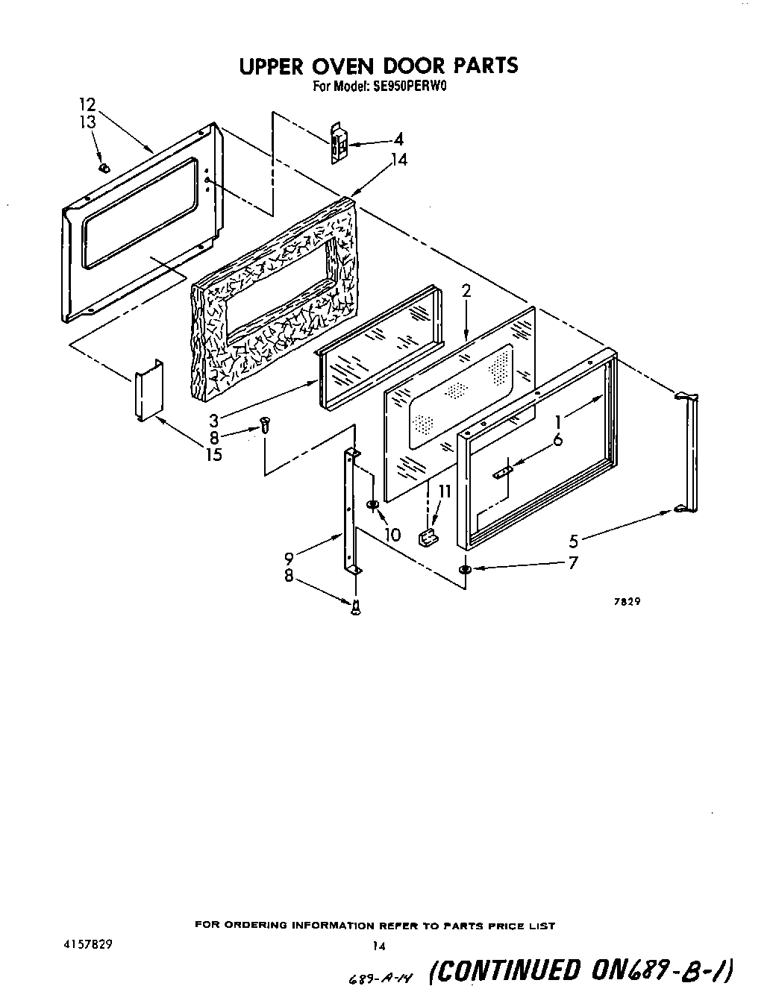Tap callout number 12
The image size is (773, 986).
pyautogui.click(x=88, y=104)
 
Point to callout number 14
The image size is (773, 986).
pyautogui.click(x=399, y=160)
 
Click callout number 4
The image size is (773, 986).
pyautogui.click(x=399, y=139)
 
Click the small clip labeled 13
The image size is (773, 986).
pyautogui.click(x=104, y=168)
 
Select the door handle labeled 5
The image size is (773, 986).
pyautogui.click(x=687, y=453)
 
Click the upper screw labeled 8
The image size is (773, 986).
pyautogui.click(x=263, y=424)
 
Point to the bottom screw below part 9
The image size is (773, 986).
pyautogui.click(x=356, y=608)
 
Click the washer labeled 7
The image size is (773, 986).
pyautogui.click(x=465, y=570)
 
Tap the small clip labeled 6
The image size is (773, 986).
pyautogui.click(x=504, y=470)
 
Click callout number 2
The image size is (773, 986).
pyautogui.click(x=466, y=292)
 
